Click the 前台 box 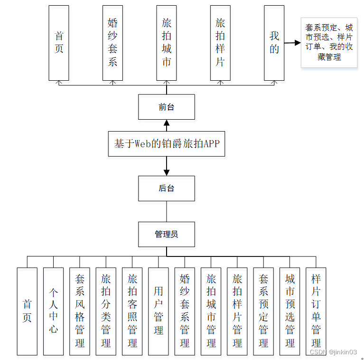pos(166,107)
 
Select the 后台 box pos(166,188)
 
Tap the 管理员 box pos(166,234)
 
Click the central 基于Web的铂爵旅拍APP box pos(166,143)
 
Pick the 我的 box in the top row pos(274,43)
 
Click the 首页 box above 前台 pos(59,43)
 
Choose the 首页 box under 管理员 pos(27,311)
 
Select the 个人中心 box pos(53,311)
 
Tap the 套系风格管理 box pos(80,311)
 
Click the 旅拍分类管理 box pos(106,311)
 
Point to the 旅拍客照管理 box pos(132,311)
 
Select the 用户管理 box pos(159,311)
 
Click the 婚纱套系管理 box pos(185,311)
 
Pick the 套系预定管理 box pos(264,311)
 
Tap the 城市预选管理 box pos(290,311)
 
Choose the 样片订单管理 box pos(316,311)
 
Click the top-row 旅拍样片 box pos(220,43)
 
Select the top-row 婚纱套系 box pos(112,43)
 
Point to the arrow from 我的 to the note pos(292,43)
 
